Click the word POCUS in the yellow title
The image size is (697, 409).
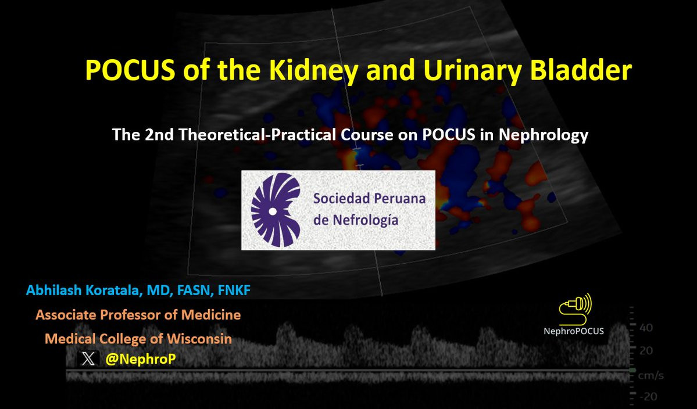[130, 70]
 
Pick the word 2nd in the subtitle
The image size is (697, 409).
[159, 135]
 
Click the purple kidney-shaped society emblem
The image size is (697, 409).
[276, 210]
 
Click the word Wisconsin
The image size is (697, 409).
[199, 339]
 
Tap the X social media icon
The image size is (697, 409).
[88, 358]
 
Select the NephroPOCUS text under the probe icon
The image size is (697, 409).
[573, 331]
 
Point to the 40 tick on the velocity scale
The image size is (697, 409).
[646, 328]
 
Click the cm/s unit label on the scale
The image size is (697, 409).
[650, 376]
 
